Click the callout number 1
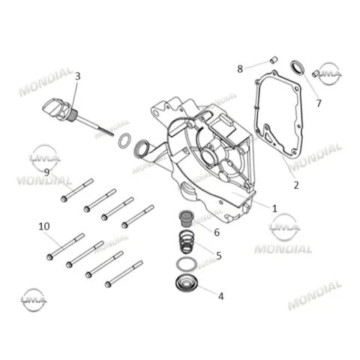click(274, 208)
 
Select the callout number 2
click(296, 185)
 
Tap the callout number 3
click(78, 76)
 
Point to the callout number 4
click(220, 296)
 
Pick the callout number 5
click(219, 256)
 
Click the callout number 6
click(217, 232)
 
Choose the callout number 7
click(319, 103)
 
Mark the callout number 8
click(240, 69)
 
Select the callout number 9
click(46, 172)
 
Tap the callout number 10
click(44, 226)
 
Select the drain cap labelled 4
click(187, 284)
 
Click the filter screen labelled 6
click(186, 218)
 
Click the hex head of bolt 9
click(64, 199)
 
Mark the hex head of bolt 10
click(49, 256)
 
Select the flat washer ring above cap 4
click(186, 265)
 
